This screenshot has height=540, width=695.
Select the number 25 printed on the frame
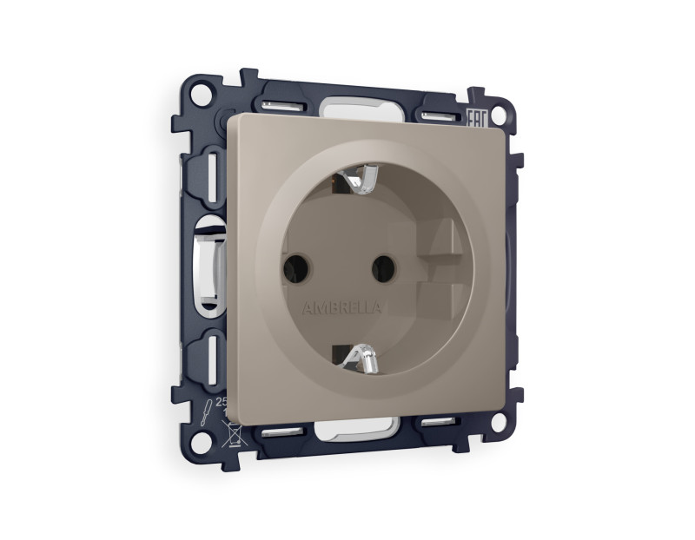tap(219, 402)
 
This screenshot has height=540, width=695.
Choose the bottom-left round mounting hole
tap(200, 440)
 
